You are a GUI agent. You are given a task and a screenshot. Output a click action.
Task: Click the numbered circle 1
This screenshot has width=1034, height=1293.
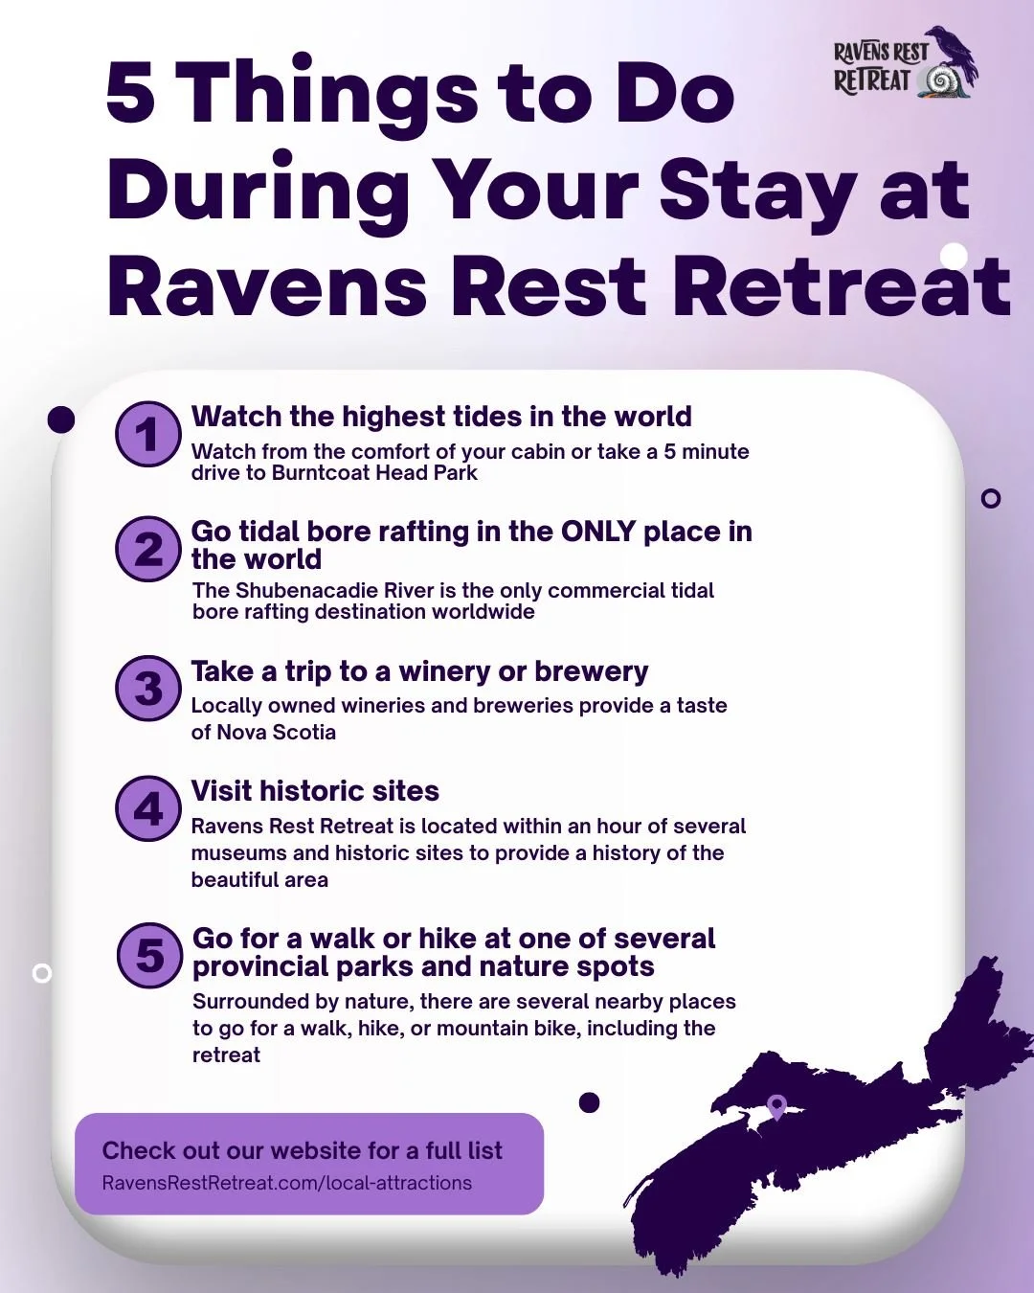point(148,434)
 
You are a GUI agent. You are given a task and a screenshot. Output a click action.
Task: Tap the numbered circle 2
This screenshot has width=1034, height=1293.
point(148,549)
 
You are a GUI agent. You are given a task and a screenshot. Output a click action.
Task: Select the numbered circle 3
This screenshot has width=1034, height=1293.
point(148,688)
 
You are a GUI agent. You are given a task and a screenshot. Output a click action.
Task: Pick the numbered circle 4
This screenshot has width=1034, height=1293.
point(148,808)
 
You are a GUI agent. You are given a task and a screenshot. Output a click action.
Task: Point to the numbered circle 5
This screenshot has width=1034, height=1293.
point(149,955)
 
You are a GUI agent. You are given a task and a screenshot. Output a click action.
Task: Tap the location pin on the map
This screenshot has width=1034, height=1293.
point(776,1106)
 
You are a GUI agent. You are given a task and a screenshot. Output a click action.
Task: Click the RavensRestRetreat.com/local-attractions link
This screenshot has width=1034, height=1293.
point(287,1183)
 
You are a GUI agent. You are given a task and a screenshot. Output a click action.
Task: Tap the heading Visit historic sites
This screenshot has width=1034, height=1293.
point(315,791)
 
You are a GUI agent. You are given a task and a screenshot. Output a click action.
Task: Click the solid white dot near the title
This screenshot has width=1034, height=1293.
point(954,256)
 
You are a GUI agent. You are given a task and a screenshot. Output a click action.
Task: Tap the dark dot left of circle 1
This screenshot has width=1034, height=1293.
point(61,420)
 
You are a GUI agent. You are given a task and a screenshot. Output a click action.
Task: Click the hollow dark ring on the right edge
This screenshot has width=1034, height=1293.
point(991,498)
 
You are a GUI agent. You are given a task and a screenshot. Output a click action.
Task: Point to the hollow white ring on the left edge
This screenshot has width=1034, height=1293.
point(41,973)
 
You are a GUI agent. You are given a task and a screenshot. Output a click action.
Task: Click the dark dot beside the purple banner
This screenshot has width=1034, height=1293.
point(590,1102)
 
